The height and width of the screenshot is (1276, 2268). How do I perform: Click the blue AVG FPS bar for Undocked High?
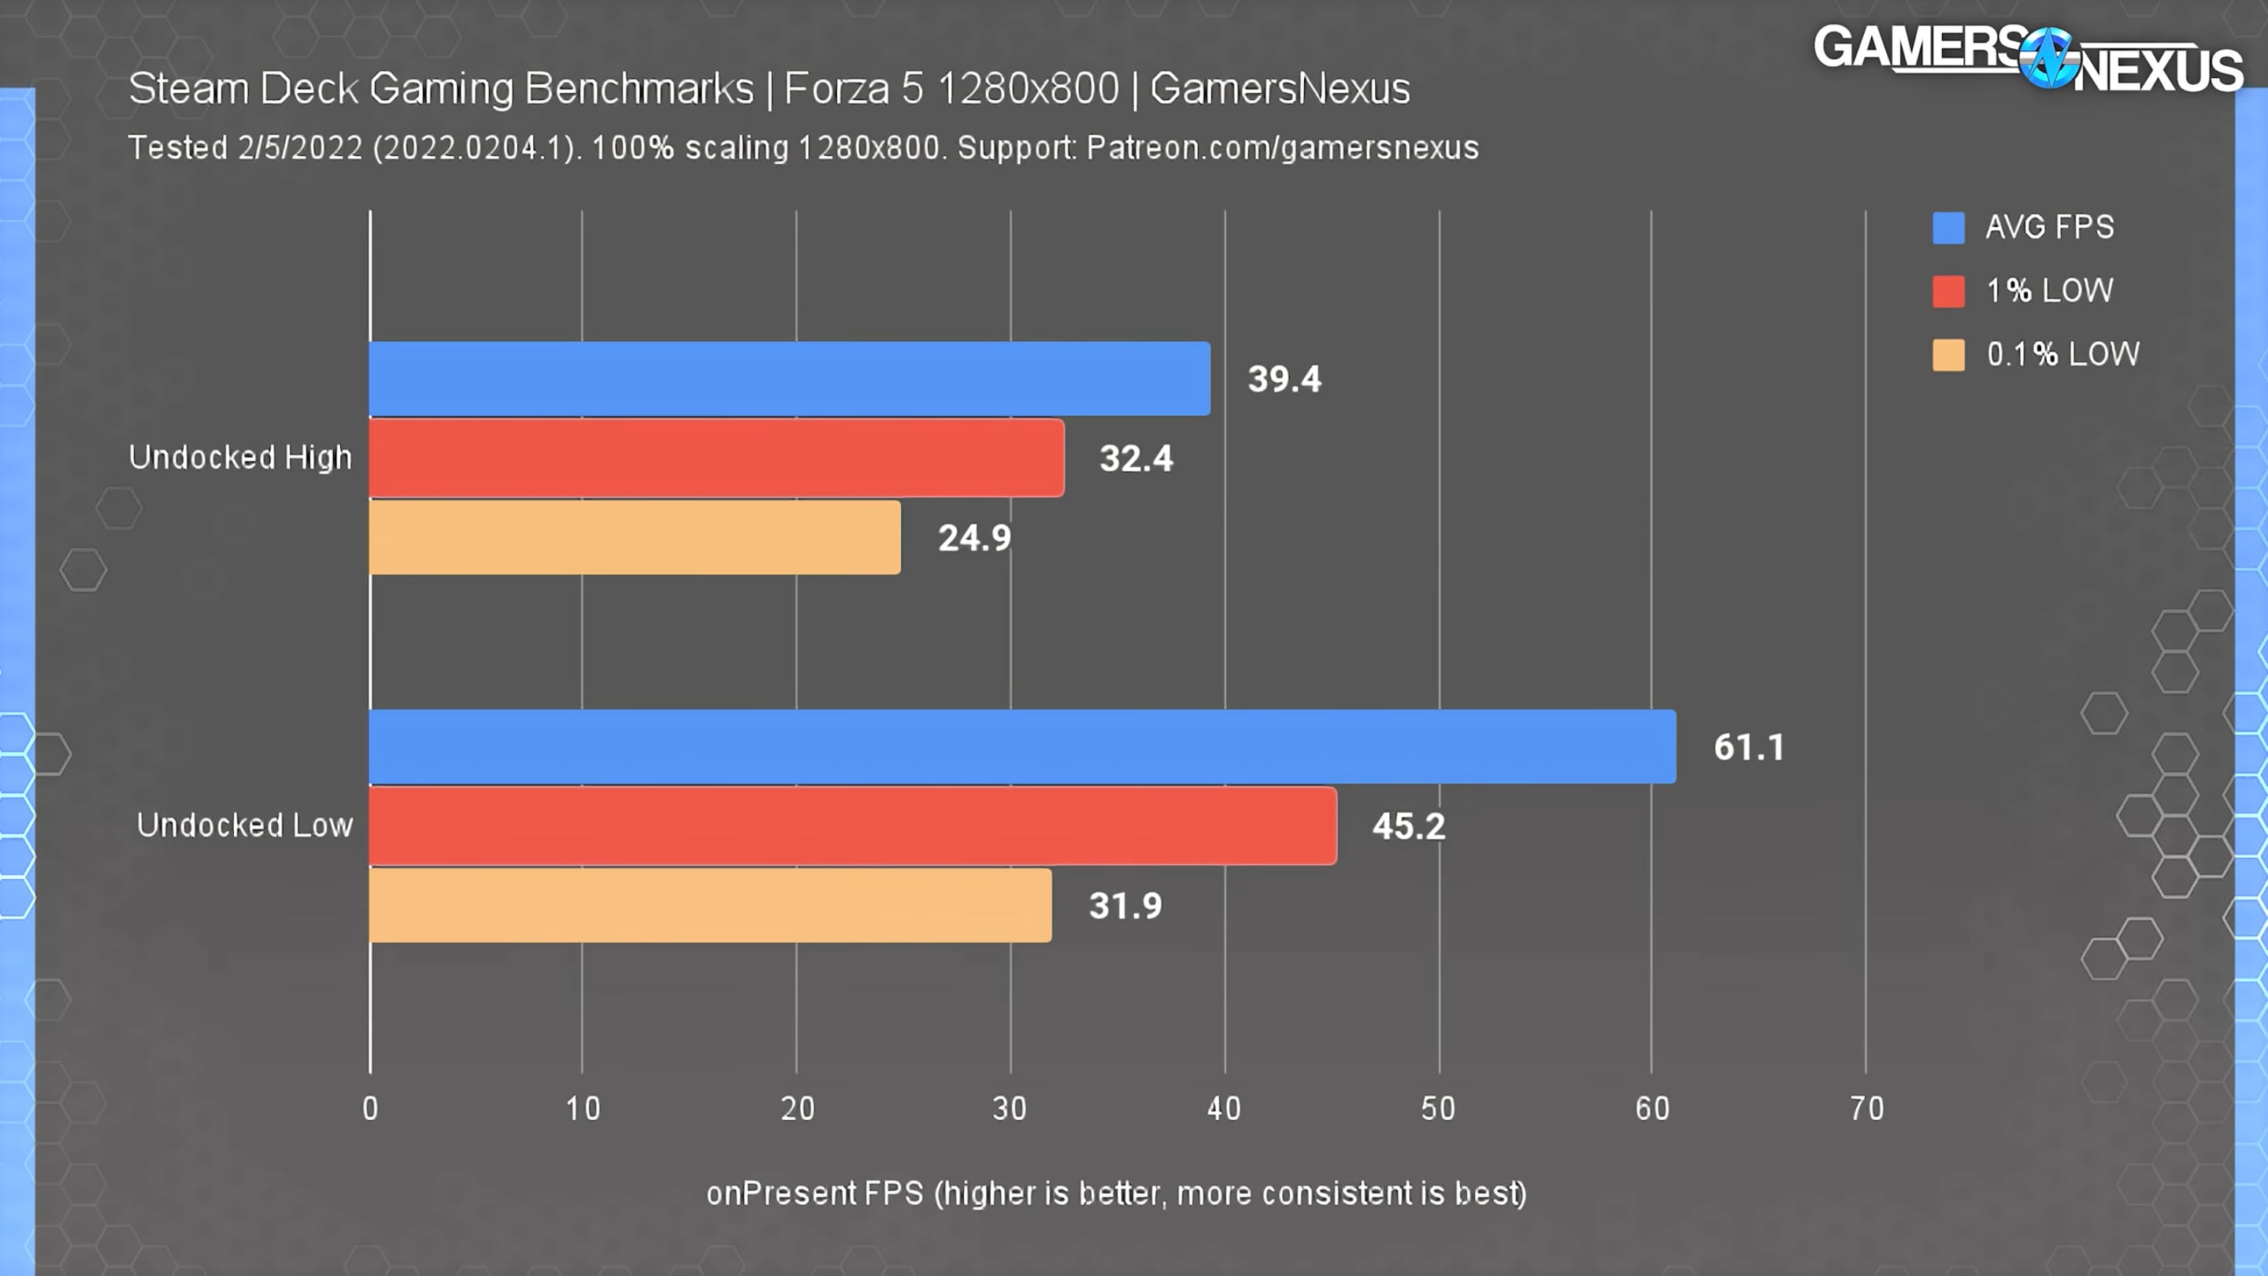pyautogui.click(x=789, y=379)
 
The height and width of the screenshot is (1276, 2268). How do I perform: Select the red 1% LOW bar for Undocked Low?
pyautogui.click(x=852, y=826)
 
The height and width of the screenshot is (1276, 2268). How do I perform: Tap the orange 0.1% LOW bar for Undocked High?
pyautogui.click(x=634, y=537)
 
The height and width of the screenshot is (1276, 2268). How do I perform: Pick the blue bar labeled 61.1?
pyautogui.click(x=1021, y=747)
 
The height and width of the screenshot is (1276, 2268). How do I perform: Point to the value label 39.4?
pyautogui.click(x=1284, y=380)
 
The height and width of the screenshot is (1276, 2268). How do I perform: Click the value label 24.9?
pyautogui.click(x=974, y=538)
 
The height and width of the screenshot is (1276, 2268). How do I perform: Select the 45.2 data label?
pyautogui.click(x=1408, y=827)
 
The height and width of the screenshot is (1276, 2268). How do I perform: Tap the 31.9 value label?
pyautogui.click(x=1125, y=906)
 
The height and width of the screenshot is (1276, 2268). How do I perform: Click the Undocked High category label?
pyautogui.click(x=240, y=457)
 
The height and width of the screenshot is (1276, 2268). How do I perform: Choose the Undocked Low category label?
pyautogui.click(x=245, y=825)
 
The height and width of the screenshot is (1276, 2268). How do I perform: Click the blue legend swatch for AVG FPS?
pyautogui.click(x=1947, y=227)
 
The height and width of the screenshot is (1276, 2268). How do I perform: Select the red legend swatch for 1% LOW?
pyautogui.click(x=1947, y=291)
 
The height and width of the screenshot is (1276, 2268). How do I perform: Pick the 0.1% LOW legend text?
pyautogui.click(x=2062, y=354)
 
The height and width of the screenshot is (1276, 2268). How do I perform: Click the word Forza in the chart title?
pyautogui.click(x=836, y=89)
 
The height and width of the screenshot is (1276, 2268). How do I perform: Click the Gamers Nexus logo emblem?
pyautogui.click(x=2049, y=58)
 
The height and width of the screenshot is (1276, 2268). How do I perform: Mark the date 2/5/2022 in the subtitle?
pyautogui.click(x=299, y=148)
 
